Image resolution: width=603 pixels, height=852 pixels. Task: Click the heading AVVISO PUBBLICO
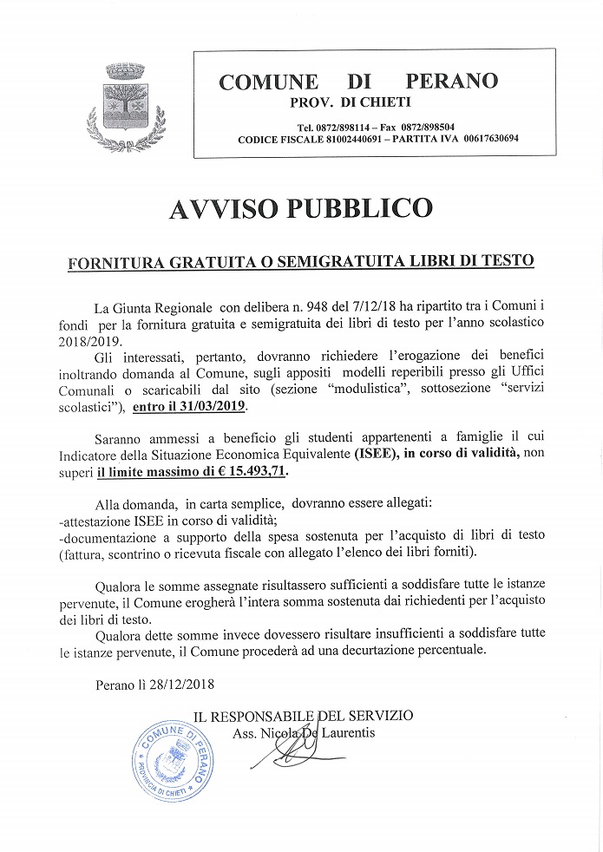click(300, 209)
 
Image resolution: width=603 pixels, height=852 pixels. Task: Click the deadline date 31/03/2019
click(209, 406)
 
